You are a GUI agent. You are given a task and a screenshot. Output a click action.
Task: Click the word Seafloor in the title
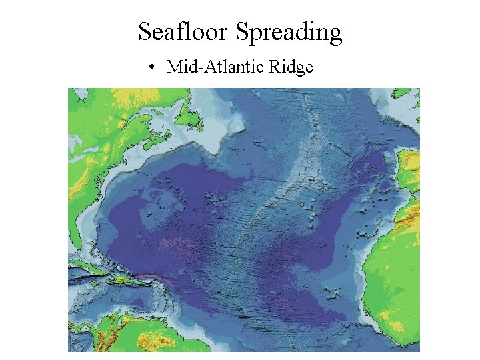[x=183, y=31]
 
